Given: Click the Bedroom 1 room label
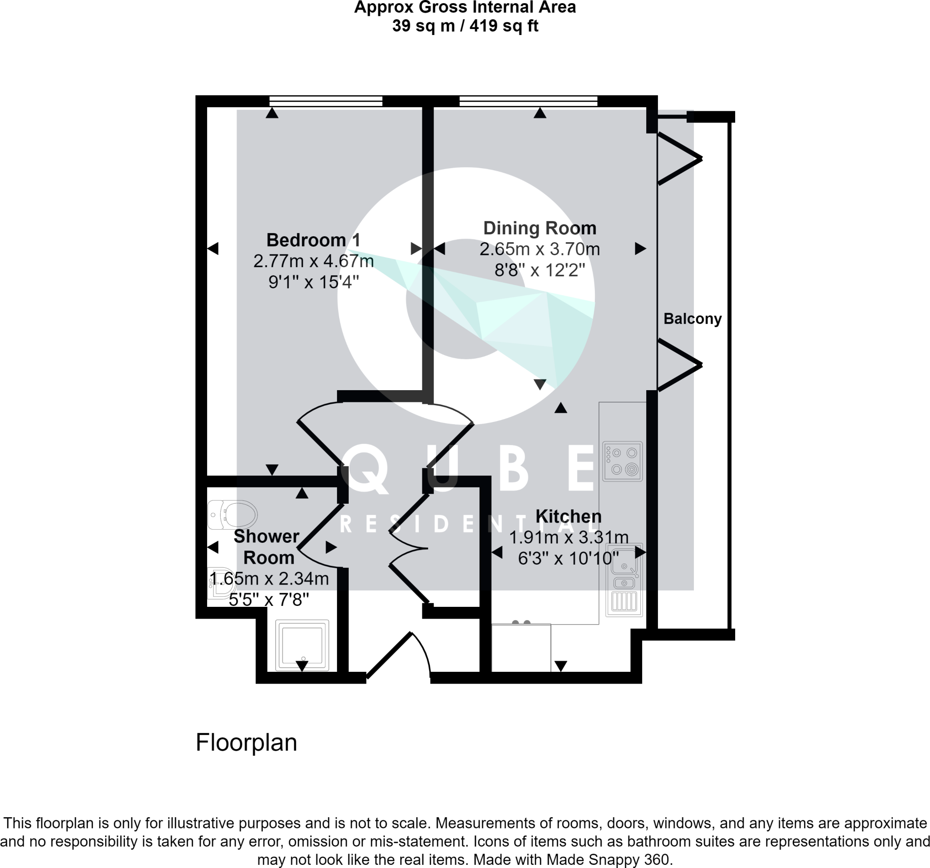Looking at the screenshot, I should [313, 240].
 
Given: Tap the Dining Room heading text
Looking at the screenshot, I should [539, 228].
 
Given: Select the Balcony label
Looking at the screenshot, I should [693, 319].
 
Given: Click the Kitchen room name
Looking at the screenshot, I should [568, 516].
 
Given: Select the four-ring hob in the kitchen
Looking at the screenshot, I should [622, 461].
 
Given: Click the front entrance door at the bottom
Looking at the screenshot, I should [398, 655].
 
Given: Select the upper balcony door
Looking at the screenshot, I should [679, 159].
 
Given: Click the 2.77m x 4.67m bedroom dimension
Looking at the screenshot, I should [313, 261].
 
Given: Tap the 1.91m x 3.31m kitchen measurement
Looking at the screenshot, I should [568, 538].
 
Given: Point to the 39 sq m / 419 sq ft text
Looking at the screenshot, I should [465, 26].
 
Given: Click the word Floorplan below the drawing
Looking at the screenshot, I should [246, 742].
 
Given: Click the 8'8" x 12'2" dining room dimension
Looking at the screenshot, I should [539, 270].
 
